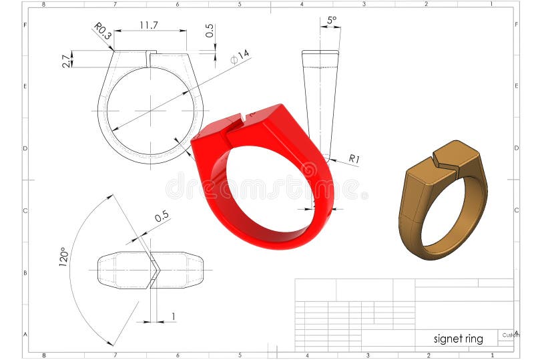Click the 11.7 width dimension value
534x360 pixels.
pyautogui.click(x=148, y=25)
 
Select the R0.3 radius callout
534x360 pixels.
pyautogui.click(x=101, y=31)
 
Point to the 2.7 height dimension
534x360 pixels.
pyautogui.click(x=66, y=61)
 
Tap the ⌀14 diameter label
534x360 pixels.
pyautogui.click(x=240, y=57)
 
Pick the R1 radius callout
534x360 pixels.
pyautogui.click(x=354, y=159)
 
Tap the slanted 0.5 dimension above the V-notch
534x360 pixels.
pyautogui.click(x=161, y=217)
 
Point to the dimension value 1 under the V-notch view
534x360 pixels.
pyautogui.click(x=174, y=317)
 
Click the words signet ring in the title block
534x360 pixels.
pyautogui.click(x=458, y=339)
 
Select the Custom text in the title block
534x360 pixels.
pyautogui.click(x=510, y=335)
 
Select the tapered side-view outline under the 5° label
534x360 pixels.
pyautogui.click(x=320, y=100)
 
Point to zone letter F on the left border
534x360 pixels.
pyautogui.click(x=25, y=24)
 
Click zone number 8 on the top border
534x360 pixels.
pyautogui.click(x=44, y=4)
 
